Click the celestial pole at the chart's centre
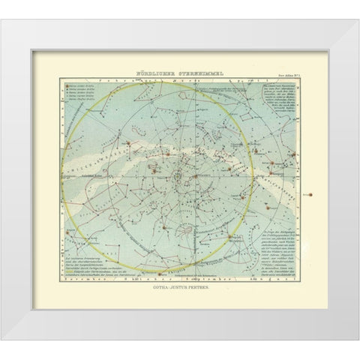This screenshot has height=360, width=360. click(181, 177)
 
